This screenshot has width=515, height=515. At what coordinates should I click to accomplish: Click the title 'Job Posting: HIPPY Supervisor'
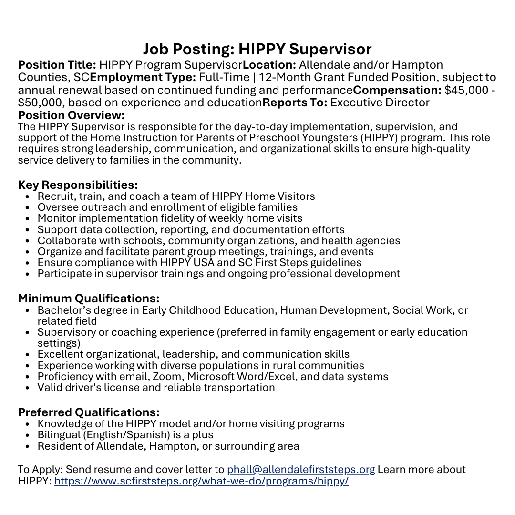pyautogui.click(x=257, y=49)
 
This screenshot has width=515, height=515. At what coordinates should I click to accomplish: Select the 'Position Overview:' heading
pyautogui.click(x=71, y=115)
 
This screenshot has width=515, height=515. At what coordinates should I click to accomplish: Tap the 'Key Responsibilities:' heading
pyautogui.click(x=78, y=185)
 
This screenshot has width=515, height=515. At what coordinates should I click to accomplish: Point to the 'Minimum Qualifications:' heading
pyautogui.click(x=89, y=299)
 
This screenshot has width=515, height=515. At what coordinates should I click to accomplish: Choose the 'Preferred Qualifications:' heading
pyautogui.click(x=89, y=412)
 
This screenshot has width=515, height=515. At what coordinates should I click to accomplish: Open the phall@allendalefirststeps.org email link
pyautogui.click(x=301, y=469)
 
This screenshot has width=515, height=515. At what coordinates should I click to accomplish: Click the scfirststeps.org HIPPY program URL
pyautogui.click(x=201, y=481)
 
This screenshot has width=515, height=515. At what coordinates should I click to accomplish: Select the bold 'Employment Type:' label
pyautogui.click(x=143, y=77)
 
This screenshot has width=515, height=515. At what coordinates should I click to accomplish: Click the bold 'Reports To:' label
pyautogui.click(x=295, y=103)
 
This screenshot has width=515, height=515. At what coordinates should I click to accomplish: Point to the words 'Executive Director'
pyautogui.click(x=380, y=103)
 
